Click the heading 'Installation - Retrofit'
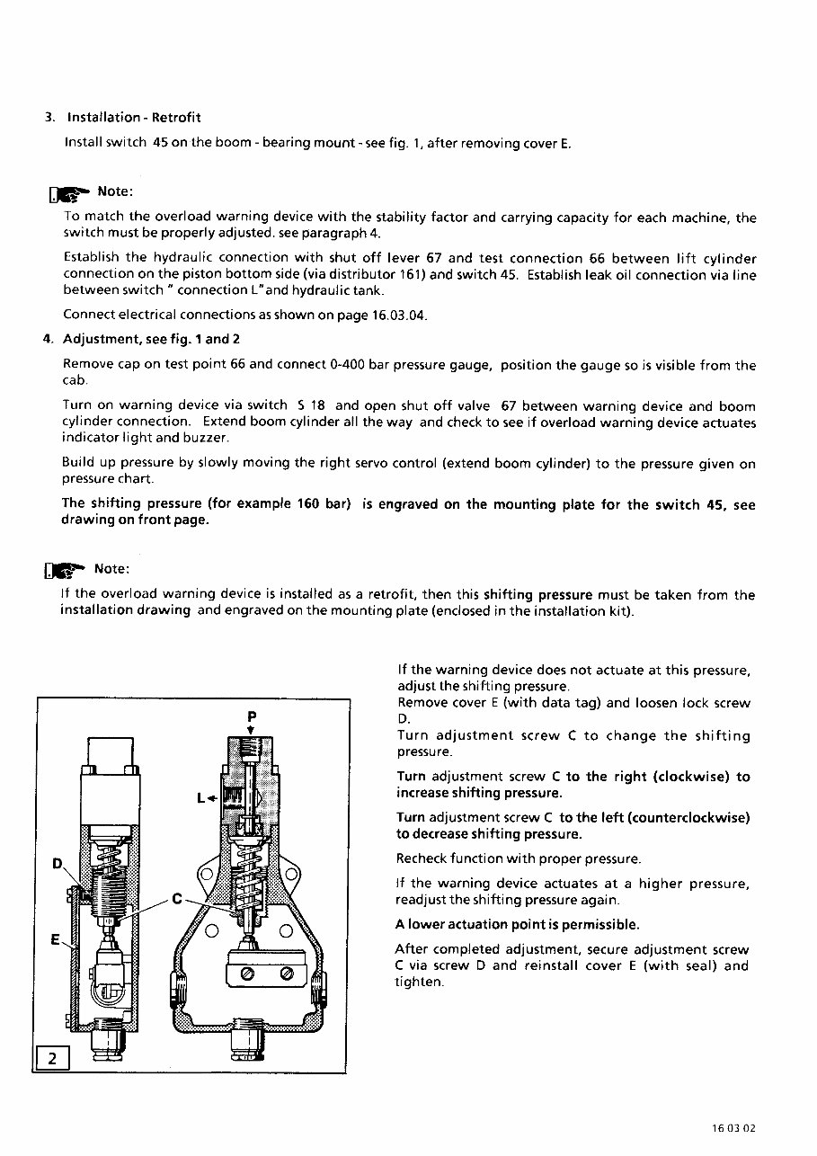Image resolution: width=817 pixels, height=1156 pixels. (x=134, y=118)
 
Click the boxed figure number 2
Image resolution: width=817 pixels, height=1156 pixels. (x=52, y=1058)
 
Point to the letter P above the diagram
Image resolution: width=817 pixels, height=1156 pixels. (x=251, y=716)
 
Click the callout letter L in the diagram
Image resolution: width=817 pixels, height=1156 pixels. (x=202, y=796)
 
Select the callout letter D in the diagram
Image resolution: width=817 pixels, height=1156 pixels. (x=58, y=864)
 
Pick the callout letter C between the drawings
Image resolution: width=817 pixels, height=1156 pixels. (x=177, y=899)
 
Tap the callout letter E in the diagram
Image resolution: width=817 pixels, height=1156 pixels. (x=55, y=939)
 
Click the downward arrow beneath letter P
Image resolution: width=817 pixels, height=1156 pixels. (x=251, y=730)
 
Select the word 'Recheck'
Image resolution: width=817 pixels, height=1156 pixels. (x=422, y=858)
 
